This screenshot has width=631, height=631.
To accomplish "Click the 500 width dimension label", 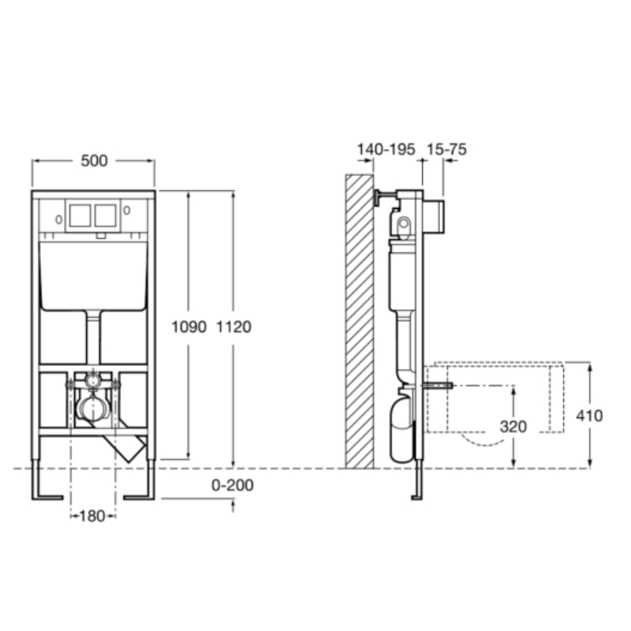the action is click(94, 161).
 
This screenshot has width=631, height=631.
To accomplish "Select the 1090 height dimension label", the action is click(189, 327).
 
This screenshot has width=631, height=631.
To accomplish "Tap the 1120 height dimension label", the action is click(233, 327).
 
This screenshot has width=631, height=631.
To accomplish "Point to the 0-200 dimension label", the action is click(233, 485).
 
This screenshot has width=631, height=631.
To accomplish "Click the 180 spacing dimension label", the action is click(92, 516).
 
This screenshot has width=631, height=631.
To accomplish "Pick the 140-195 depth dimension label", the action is click(386, 150).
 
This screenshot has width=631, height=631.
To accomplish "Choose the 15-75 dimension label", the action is click(446, 150).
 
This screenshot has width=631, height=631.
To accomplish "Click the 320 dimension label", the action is click(513, 427).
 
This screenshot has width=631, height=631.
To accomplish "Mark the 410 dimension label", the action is click(589, 416).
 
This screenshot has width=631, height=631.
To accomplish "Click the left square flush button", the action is click(80, 215).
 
